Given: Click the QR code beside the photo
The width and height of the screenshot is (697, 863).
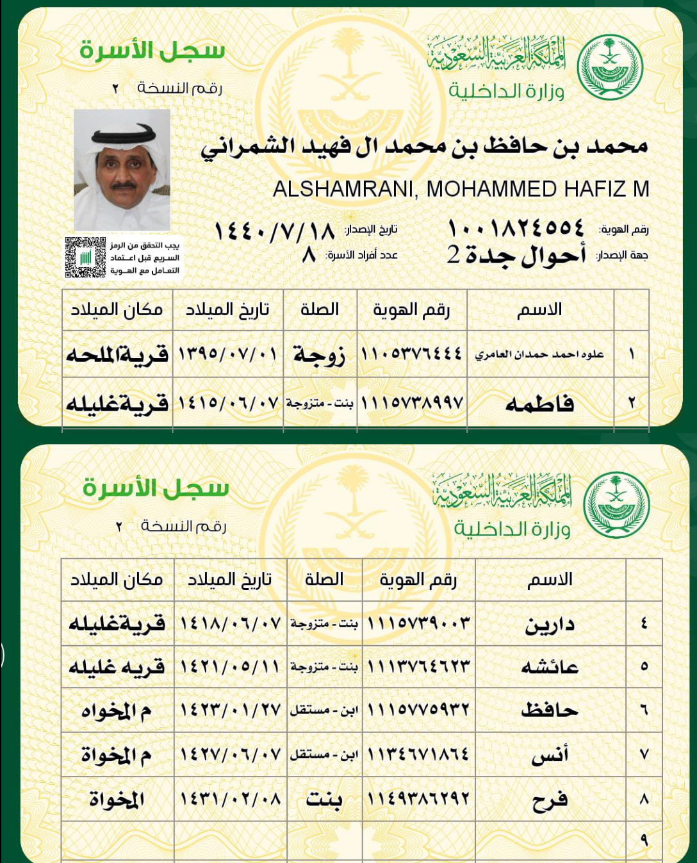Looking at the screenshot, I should pos(85,258).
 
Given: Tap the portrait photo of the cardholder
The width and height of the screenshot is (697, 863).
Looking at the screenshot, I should pos(122,170).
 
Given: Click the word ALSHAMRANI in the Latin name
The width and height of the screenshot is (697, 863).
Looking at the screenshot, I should pos(345,189).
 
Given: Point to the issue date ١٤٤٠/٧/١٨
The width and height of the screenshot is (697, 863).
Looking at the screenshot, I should pos(274,230).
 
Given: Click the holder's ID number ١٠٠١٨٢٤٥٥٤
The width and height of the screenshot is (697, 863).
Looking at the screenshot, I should pos(516,228).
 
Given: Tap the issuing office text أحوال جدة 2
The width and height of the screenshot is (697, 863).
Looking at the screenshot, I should pos(516,255).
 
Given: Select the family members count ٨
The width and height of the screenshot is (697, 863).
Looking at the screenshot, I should pos(309,255).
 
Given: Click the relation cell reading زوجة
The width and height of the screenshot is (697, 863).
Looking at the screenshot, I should pos(319,354).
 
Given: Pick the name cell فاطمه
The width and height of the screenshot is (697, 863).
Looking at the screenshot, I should pos(539,404).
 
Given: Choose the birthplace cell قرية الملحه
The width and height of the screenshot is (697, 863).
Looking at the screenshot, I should pos(117,354).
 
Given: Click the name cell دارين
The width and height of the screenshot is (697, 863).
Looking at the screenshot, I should pos(549,624).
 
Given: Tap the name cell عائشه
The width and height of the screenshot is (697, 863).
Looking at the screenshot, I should pos(549,667).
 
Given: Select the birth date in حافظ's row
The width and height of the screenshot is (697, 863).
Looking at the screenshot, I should pos(230,710).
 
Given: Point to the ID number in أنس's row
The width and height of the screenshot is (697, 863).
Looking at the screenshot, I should pos(418,754).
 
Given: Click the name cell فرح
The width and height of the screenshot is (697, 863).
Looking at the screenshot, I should pos(549,800).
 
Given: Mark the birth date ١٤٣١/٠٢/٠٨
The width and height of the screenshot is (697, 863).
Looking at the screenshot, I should pos(230,798).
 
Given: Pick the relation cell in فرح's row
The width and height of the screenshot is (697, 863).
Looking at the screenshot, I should pos(324,799).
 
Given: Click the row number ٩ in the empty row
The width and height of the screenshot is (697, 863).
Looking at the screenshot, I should pos(644,840).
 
